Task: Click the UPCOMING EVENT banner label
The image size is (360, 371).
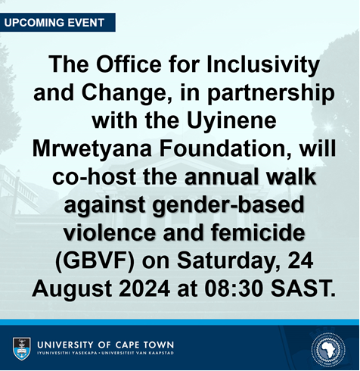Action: click(x=54, y=22)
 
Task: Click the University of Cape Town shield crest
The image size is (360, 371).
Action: click(x=22, y=348)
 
